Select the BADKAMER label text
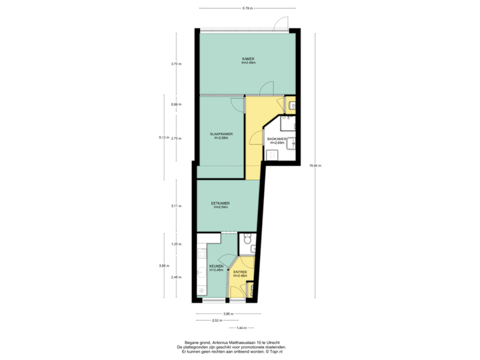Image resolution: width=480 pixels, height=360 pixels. (x=276, y=140)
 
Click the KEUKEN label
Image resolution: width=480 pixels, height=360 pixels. (x=216, y=267)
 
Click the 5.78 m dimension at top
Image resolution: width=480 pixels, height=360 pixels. (x=247, y=9)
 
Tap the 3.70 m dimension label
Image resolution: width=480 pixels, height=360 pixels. (x=175, y=64)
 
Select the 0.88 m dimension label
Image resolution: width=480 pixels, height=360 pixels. (x=175, y=105)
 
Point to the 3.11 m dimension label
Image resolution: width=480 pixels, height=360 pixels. (x=175, y=206)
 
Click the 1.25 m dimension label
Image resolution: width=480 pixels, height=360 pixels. (x=175, y=243)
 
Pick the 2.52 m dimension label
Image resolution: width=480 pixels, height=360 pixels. (x=217, y=321)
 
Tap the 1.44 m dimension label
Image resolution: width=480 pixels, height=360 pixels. (x=241, y=327)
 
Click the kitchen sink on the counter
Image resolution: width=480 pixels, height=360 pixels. (x=201, y=274)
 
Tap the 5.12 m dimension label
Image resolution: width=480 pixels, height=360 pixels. (x=162, y=137)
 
